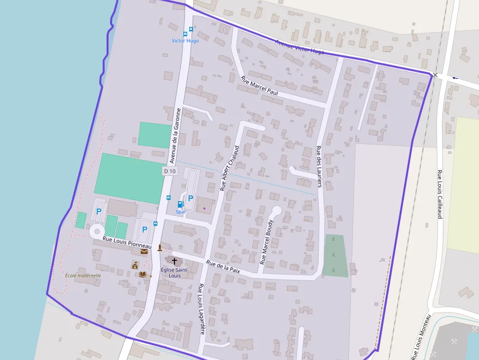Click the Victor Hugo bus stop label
185,41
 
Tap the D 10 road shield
170,171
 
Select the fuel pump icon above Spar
180,204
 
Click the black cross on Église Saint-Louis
174,261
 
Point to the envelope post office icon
144,252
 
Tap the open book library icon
142,274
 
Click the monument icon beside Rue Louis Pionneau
159,248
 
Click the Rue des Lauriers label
319,167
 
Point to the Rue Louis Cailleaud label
439,194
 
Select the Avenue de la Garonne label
175,135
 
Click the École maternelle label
83,275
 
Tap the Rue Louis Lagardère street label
200,309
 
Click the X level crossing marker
435,75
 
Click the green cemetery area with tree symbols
335,255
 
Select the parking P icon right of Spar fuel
191,198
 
